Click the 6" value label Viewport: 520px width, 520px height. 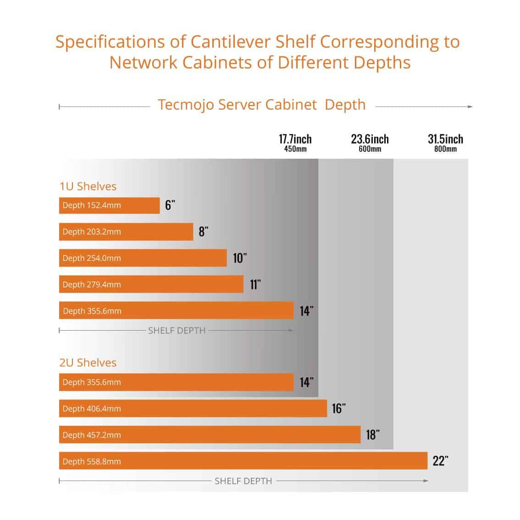[170, 205]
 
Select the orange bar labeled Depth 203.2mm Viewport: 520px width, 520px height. [126, 232]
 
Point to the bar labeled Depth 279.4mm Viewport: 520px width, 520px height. [151, 284]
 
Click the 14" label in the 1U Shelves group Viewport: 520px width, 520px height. [307, 311]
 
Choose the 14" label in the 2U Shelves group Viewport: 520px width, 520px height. [307, 382]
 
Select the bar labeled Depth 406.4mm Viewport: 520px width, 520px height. [193, 409]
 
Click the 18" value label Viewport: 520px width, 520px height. [373, 435]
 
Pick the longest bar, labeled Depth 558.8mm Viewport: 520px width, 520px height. [243, 461]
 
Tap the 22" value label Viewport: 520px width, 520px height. [440, 461]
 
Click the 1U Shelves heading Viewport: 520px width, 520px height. [88, 186]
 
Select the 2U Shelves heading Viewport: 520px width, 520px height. [88, 363]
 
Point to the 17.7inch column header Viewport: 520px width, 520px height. [295, 139]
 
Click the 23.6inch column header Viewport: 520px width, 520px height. [370, 139]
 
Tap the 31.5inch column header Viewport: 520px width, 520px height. [445, 139]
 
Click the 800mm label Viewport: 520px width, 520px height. [445, 149]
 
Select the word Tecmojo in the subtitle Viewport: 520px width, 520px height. [186, 105]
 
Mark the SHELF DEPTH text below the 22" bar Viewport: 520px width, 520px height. [243, 481]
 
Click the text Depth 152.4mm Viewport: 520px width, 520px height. [92, 205]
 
